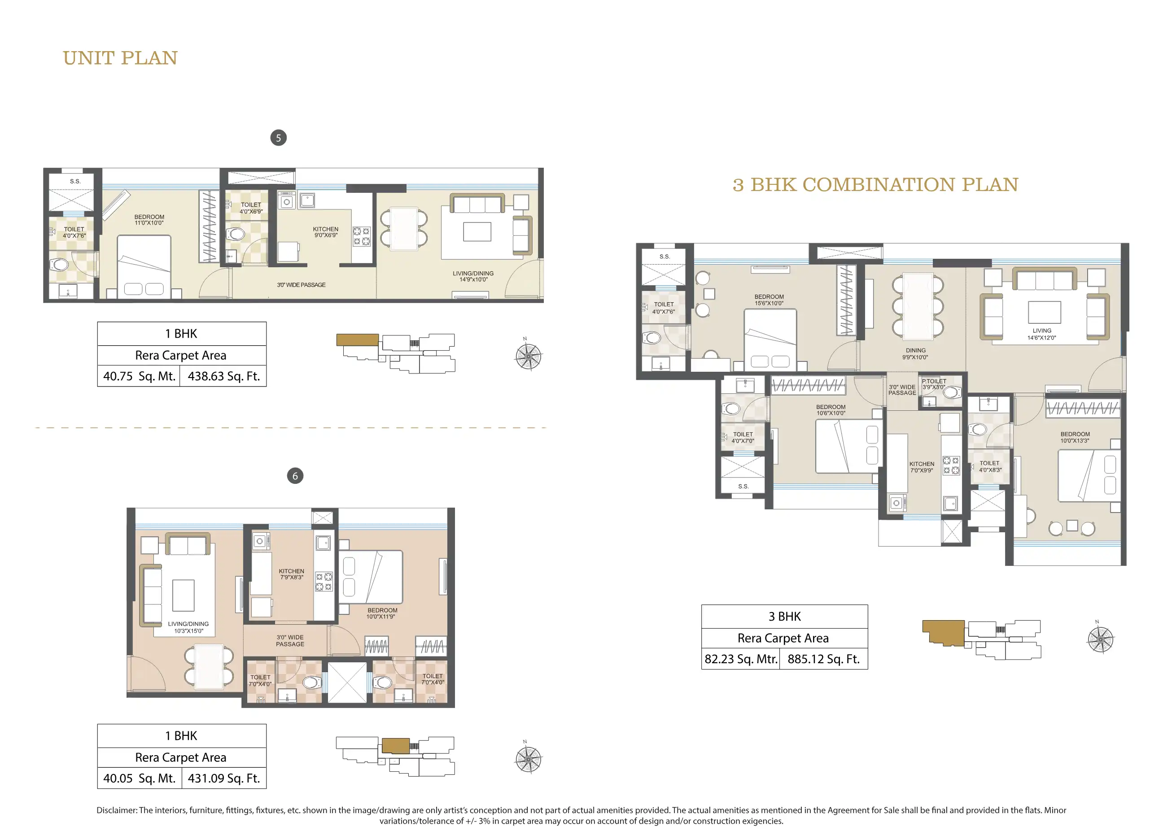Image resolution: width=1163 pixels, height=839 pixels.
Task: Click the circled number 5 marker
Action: tap(279, 138)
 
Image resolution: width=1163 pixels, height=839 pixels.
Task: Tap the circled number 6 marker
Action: tap(295, 476)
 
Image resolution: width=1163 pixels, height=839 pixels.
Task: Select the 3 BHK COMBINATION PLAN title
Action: tap(875, 184)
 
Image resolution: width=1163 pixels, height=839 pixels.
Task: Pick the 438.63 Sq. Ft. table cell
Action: tap(223, 376)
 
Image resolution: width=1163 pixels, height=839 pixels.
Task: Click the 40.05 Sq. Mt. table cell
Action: tap(139, 778)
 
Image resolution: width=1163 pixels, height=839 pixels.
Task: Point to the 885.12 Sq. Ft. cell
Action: tap(823, 659)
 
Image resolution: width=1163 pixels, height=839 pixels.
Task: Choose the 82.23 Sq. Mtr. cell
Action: tap(740, 659)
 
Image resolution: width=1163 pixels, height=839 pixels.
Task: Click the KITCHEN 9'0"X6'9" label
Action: tap(326, 232)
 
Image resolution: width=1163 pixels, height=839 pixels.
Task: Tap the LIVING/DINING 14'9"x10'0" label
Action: tap(473, 276)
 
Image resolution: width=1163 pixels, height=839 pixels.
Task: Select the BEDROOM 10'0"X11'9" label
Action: tap(382, 613)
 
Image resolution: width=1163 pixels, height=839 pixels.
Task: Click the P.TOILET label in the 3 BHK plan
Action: tap(934, 381)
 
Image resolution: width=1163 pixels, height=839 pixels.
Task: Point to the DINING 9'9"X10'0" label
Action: tap(915, 354)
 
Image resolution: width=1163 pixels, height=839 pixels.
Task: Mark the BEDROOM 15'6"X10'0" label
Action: tap(769, 300)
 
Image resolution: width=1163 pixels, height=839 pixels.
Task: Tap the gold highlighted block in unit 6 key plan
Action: tap(395, 746)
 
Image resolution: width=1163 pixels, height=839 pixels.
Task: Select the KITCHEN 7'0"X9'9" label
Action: tap(922, 467)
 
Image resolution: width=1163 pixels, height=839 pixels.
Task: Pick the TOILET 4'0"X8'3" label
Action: tap(990, 466)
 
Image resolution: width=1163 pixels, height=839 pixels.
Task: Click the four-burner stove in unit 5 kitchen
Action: tap(362, 236)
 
